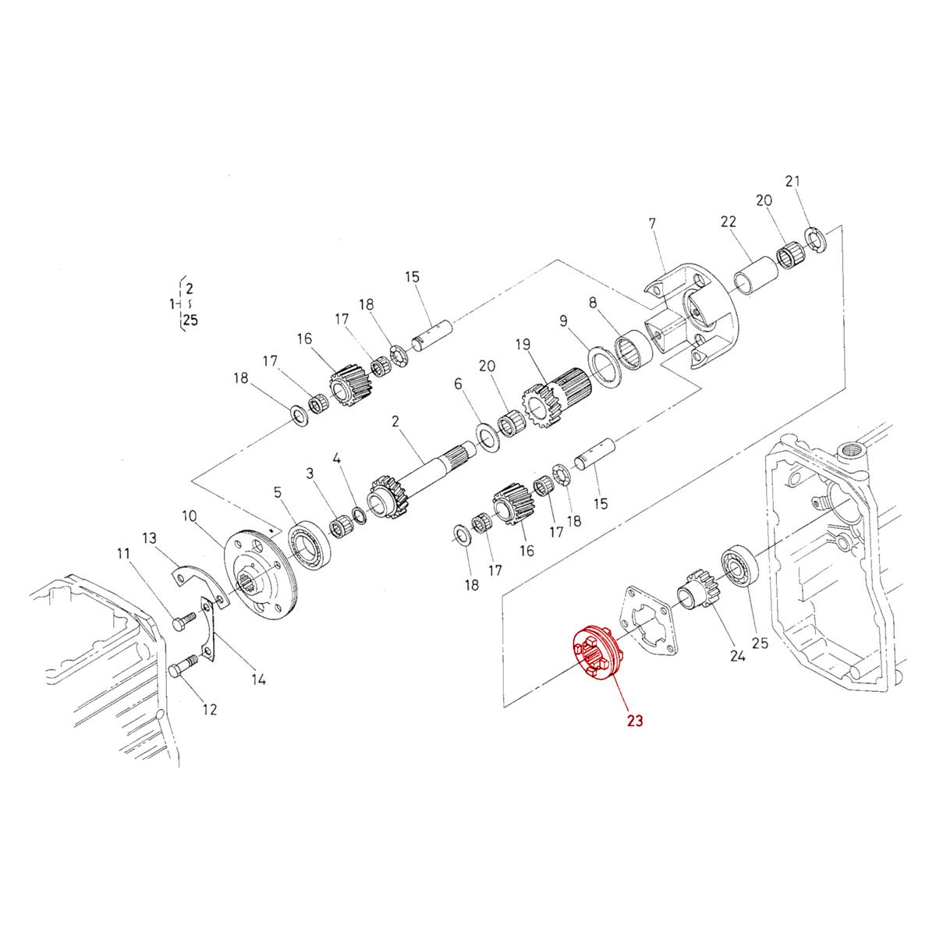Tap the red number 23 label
tap(634, 721)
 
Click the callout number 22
tap(729, 222)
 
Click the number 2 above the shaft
tap(395, 421)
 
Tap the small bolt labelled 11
tap(183, 622)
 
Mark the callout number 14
tap(258, 679)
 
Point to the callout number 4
tap(337, 457)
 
